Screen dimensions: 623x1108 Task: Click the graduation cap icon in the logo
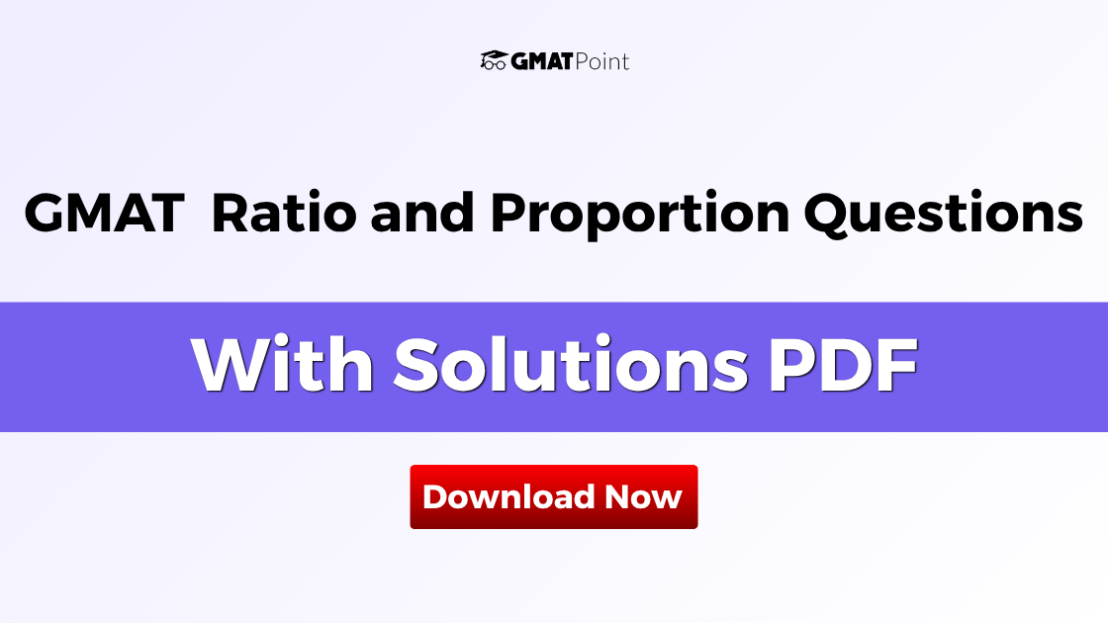pyautogui.click(x=494, y=60)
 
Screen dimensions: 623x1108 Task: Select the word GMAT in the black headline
pyautogui.click(x=104, y=214)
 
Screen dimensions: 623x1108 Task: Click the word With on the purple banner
pyautogui.click(x=282, y=366)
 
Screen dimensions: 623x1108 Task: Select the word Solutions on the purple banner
pyautogui.click(x=570, y=366)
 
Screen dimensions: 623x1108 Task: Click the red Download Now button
pyautogui.click(x=553, y=496)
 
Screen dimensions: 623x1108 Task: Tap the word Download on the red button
pyautogui.click(x=508, y=496)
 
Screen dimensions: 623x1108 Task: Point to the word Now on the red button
pyautogui.click(x=644, y=496)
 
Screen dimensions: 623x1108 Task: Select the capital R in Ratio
pyautogui.click(x=231, y=214)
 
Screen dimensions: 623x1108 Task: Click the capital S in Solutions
pyautogui.click(x=419, y=366)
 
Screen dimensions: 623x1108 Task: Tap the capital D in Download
pyautogui.click(x=434, y=496)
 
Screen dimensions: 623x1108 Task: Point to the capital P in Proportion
pyautogui.click(x=508, y=214)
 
